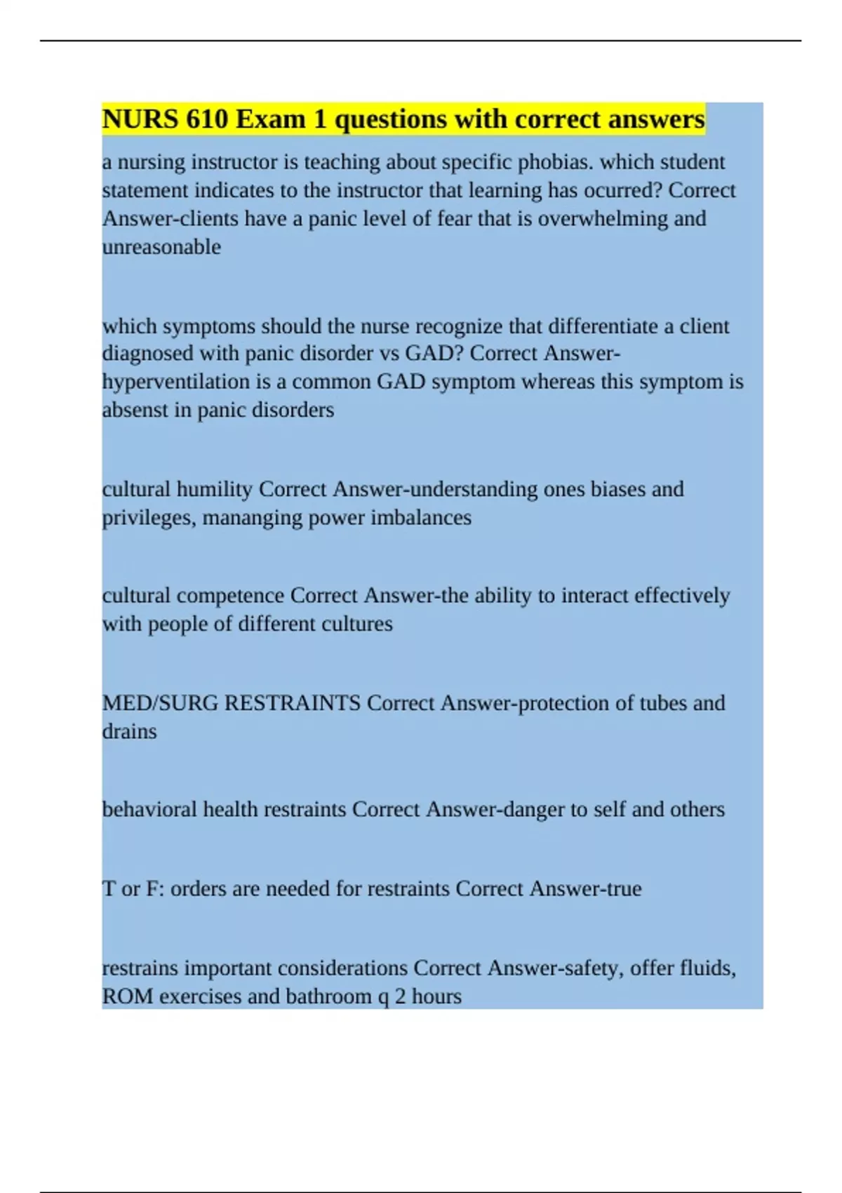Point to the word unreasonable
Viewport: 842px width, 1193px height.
click(x=161, y=247)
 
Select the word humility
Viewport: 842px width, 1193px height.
click(x=214, y=489)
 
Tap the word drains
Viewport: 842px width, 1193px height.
click(x=129, y=731)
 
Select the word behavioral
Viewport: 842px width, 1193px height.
click(x=149, y=809)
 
